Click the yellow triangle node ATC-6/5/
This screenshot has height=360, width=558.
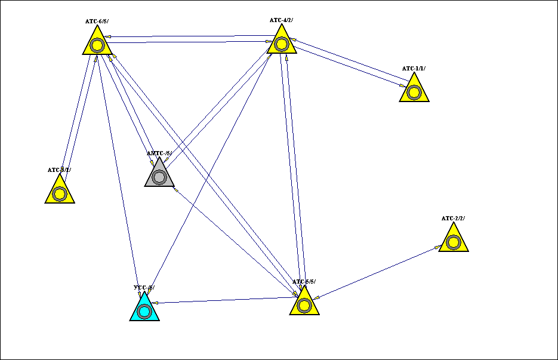coord(97,44)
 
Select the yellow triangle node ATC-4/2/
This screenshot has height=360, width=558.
coord(281,43)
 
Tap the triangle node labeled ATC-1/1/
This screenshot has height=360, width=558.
coord(414,91)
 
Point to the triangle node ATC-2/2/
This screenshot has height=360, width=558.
coord(453,241)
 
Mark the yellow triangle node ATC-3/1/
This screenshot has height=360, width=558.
coord(59,193)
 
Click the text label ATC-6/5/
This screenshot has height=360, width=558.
coord(97,21)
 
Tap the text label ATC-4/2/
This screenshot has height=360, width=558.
coord(281,20)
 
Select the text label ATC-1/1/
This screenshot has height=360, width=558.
coord(414,69)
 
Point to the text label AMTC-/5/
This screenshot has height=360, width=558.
coord(159,153)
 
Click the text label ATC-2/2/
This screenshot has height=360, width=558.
coord(453,219)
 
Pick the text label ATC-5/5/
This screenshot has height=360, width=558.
coord(304,282)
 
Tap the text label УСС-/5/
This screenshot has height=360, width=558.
coord(144,288)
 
